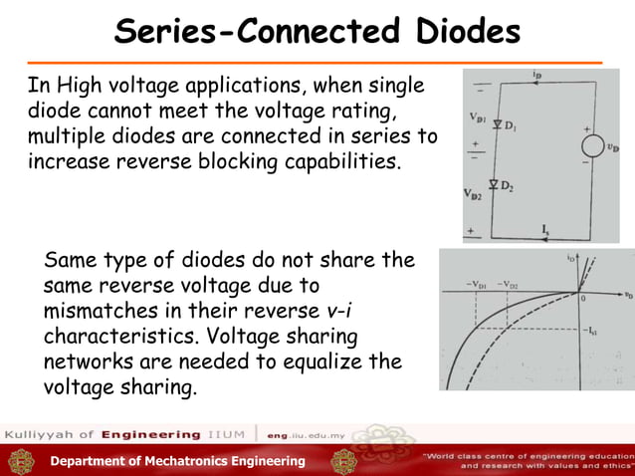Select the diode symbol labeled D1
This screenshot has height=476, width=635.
pyautogui.click(x=495, y=124)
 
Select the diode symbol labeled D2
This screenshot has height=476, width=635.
pyautogui.click(x=495, y=186)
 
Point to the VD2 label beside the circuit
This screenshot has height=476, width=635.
pyautogui.click(x=473, y=195)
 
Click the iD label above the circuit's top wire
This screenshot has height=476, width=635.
pyautogui.click(x=536, y=75)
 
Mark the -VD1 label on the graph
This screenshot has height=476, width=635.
pyautogui.click(x=475, y=286)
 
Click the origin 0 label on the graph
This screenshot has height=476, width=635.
pyautogui.click(x=583, y=299)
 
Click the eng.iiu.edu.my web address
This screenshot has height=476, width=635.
pyautogui.click(x=309, y=435)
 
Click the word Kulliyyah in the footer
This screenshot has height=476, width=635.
pyautogui.click(x=37, y=435)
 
